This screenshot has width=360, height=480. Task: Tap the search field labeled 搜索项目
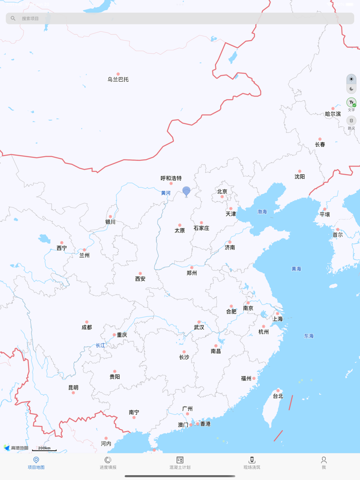[x=180, y=19]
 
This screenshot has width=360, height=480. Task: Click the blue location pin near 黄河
[x=186, y=191]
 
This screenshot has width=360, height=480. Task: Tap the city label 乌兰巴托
[x=118, y=79]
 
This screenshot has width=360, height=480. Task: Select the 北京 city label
[x=222, y=191]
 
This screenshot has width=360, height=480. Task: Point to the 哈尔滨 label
[x=333, y=114]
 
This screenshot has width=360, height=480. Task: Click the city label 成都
[x=86, y=327]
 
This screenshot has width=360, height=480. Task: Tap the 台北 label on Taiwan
[x=278, y=396]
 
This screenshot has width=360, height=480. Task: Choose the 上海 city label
[x=277, y=319]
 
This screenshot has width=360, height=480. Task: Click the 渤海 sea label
[x=262, y=211]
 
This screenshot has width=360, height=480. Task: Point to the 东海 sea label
[x=309, y=336]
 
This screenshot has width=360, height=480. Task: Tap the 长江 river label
[x=100, y=345]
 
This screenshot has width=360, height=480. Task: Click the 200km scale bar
[x=44, y=449]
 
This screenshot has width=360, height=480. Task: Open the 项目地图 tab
[x=36, y=463]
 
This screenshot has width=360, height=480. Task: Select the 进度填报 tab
[x=108, y=463]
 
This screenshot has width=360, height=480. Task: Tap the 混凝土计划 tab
[x=180, y=463]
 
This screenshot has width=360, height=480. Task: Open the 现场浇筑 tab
[x=252, y=463]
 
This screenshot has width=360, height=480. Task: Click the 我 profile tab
[x=324, y=463]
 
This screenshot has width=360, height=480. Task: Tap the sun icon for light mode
[x=351, y=79]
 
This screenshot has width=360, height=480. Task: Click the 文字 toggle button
[x=351, y=104]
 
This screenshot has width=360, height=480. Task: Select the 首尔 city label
[x=337, y=234]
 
